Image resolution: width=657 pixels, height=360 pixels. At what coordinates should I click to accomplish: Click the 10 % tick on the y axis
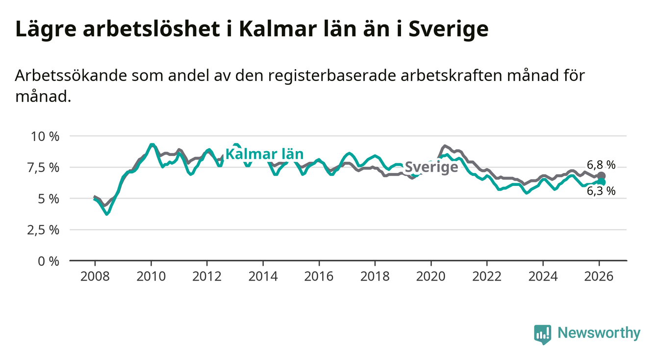(46, 136)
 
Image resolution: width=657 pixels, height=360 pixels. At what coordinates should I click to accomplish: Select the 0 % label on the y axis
(50, 261)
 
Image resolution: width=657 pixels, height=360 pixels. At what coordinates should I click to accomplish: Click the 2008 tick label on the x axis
(95, 276)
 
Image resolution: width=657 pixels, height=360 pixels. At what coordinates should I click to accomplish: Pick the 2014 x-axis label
(263, 276)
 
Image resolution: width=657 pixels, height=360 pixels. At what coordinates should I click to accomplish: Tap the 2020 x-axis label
(430, 276)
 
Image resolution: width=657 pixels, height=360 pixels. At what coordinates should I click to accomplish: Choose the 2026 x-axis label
(599, 276)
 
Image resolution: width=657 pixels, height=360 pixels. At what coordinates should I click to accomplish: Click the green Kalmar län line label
(264, 154)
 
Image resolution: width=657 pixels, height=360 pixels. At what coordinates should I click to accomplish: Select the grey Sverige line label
(431, 167)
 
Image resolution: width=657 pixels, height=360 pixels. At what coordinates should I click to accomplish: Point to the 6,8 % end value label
(601, 165)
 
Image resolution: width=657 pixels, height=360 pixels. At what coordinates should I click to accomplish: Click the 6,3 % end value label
(601, 191)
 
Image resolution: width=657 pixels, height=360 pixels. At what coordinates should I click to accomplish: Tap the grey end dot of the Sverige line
(602, 176)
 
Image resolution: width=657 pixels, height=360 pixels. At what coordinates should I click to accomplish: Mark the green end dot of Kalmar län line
(602, 182)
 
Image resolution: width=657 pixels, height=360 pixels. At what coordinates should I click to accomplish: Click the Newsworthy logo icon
(542, 334)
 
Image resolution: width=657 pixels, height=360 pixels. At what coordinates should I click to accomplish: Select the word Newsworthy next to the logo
(599, 334)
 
